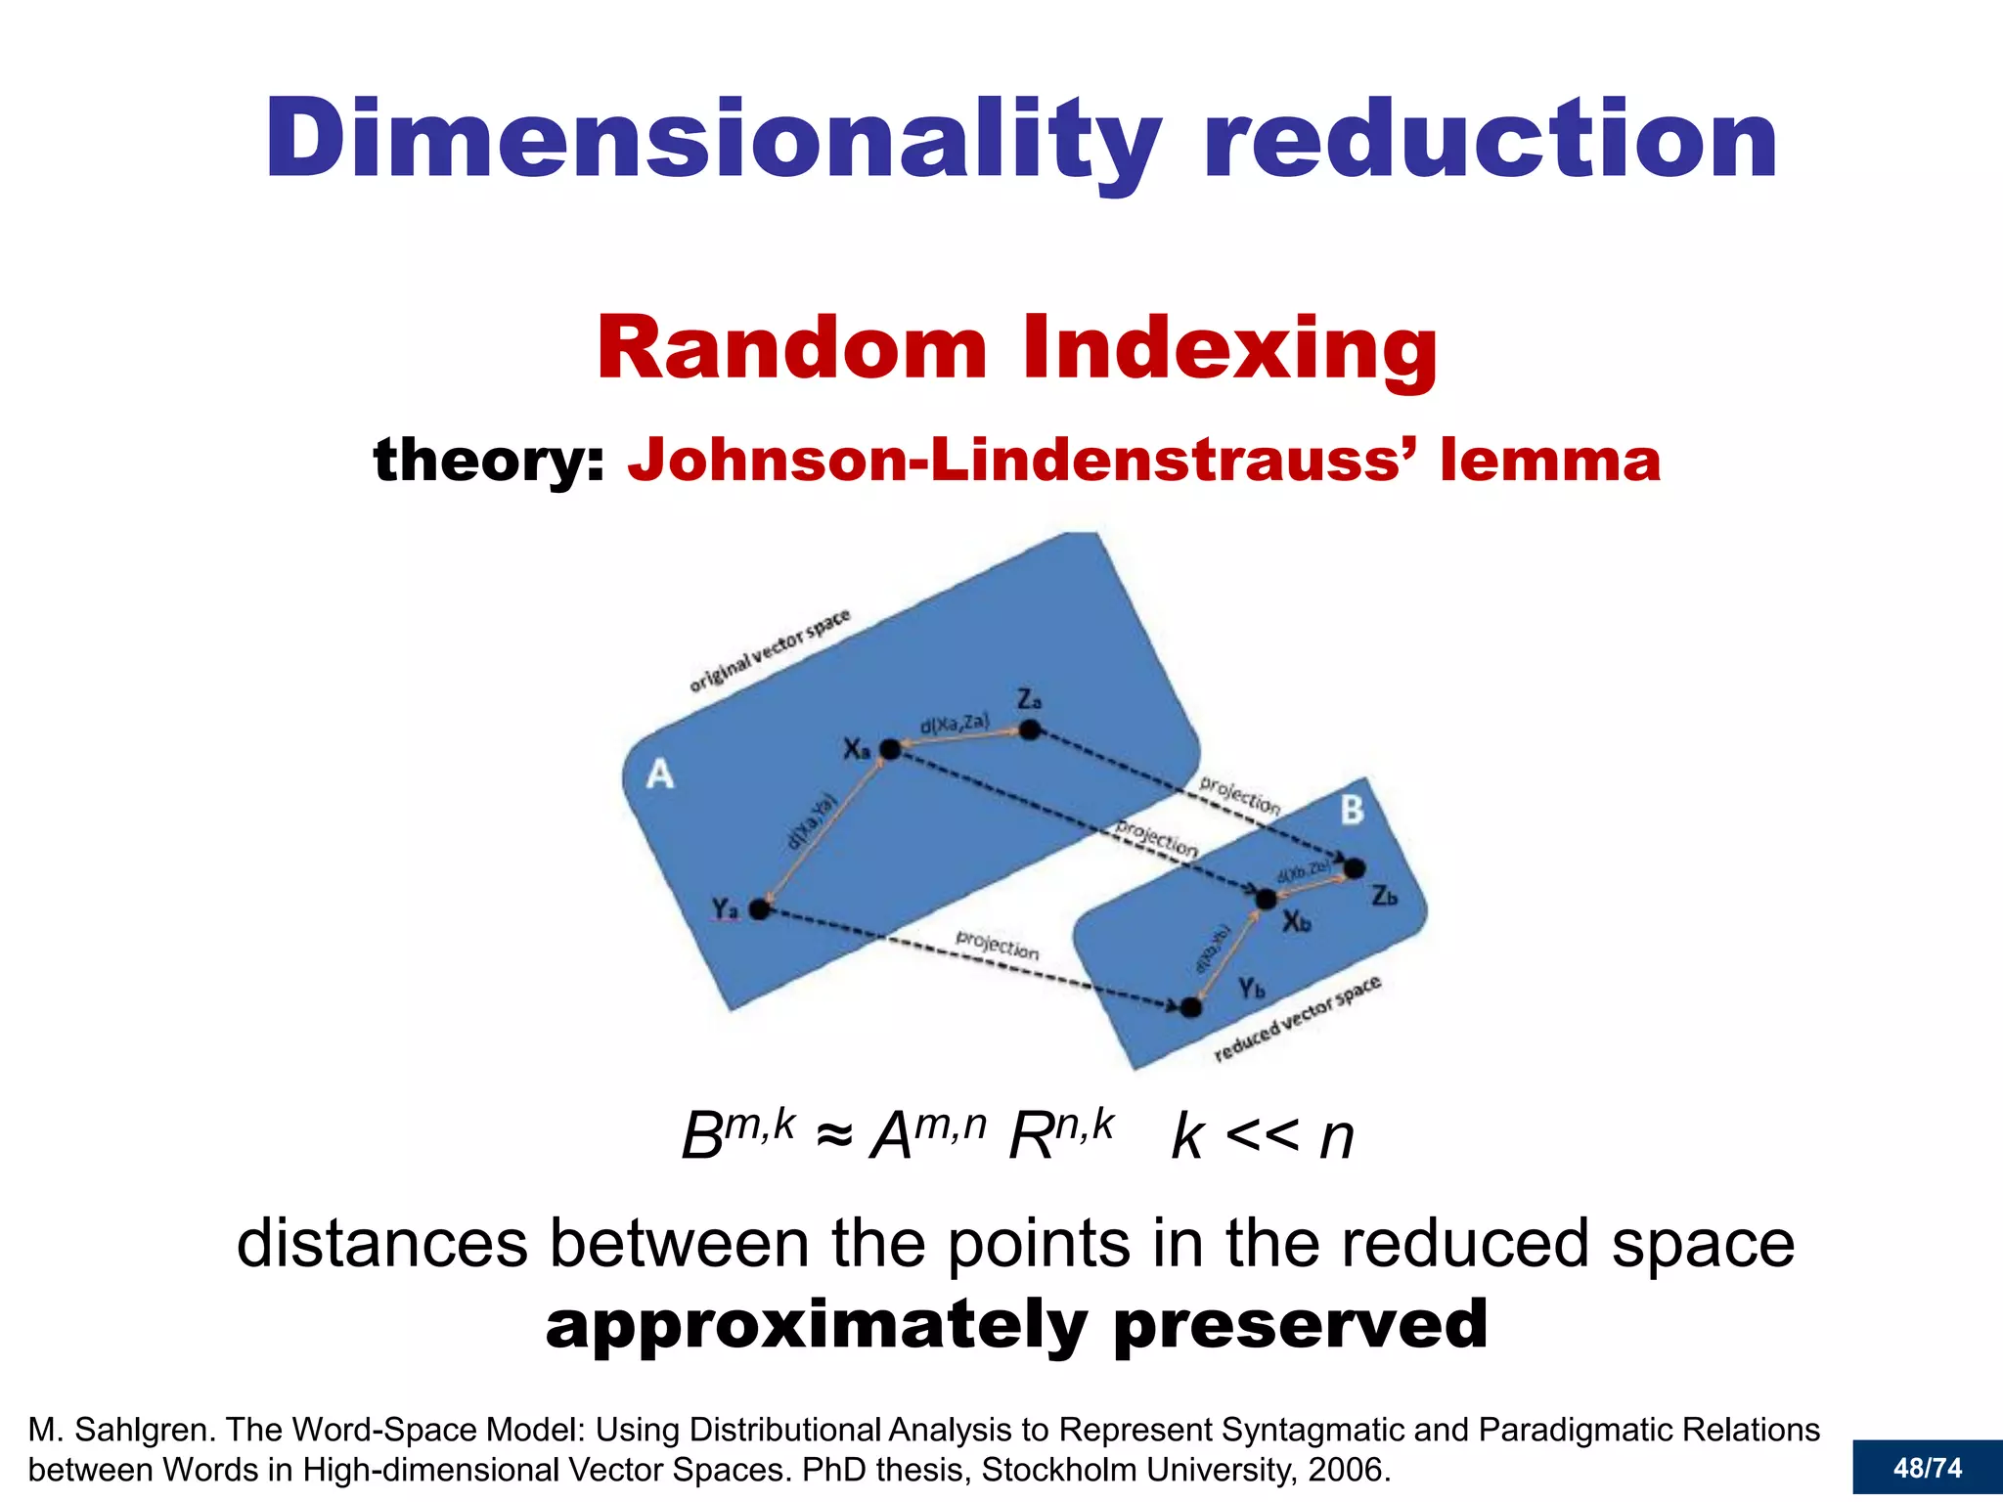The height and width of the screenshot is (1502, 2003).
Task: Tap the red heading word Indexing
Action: click(x=1229, y=349)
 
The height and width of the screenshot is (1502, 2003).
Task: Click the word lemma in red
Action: click(x=1550, y=460)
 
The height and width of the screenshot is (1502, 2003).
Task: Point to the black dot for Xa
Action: click(x=890, y=750)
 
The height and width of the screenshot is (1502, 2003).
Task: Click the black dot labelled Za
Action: click(x=1029, y=729)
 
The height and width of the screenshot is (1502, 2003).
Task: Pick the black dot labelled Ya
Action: click(x=759, y=909)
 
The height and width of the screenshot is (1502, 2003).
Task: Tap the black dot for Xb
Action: click(x=1266, y=899)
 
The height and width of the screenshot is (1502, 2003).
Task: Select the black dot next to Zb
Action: click(x=1355, y=868)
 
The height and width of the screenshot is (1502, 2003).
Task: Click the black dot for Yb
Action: click(x=1190, y=1007)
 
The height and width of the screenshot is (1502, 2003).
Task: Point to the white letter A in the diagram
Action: click(x=660, y=774)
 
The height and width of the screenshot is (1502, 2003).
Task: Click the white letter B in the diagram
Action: click(x=1352, y=810)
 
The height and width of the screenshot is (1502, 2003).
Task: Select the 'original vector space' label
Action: click(x=770, y=650)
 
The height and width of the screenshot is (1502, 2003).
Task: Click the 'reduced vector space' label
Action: click(x=1297, y=1019)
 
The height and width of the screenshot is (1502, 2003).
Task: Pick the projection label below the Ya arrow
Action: click(x=997, y=945)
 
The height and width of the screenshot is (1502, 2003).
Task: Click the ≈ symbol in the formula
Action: click(x=833, y=1136)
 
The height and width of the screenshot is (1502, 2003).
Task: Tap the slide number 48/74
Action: click(x=1927, y=1468)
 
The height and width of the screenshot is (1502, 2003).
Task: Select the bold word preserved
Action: click(x=1301, y=1324)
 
